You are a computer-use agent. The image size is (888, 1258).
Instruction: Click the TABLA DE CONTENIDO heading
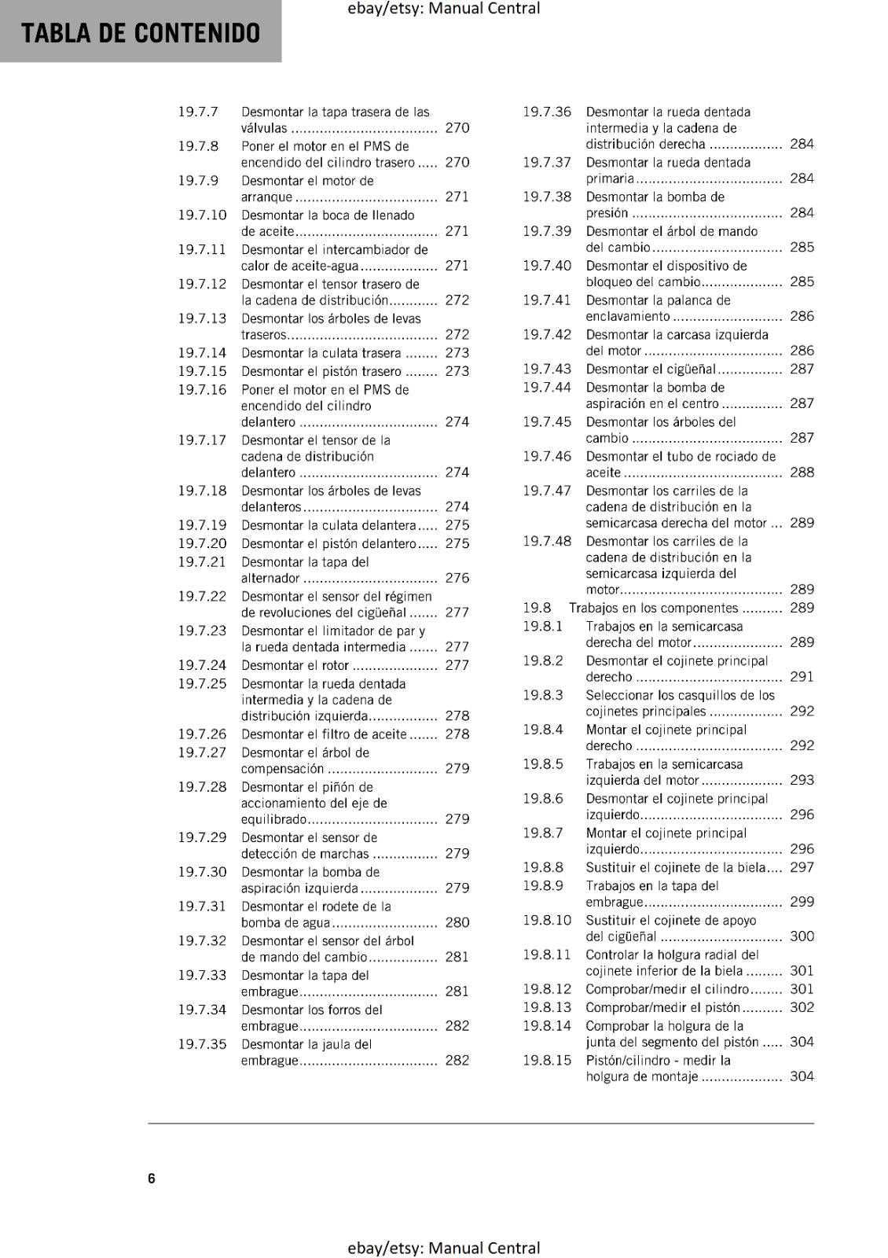(x=141, y=33)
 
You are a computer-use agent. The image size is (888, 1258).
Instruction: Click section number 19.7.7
(x=198, y=112)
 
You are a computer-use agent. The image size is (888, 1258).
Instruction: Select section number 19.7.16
(x=202, y=389)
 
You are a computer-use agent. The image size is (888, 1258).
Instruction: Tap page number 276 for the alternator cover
(x=457, y=578)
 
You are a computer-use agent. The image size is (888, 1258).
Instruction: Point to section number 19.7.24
(x=202, y=665)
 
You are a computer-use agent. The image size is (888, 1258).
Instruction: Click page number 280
(x=457, y=922)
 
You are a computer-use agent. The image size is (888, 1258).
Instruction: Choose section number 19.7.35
(x=202, y=1044)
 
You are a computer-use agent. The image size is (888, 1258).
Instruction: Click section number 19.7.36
(x=547, y=112)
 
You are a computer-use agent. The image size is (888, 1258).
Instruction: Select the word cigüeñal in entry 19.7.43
(x=691, y=369)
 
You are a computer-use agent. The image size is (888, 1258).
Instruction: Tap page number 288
(x=802, y=472)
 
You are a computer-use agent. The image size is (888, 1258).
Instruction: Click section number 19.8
(x=538, y=608)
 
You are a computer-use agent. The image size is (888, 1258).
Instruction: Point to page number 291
(x=802, y=676)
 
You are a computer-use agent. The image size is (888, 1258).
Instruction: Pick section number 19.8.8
(x=543, y=867)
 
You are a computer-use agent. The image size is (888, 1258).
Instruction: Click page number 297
(x=802, y=867)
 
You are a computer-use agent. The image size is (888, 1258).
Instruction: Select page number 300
(x=802, y=936)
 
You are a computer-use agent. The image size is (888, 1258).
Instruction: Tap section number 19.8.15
(x=547, y=1060)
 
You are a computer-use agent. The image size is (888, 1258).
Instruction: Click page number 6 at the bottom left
(x=152, y=1178)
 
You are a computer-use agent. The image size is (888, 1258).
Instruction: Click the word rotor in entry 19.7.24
(x=334, y=665)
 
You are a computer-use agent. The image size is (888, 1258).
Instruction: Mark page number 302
(x=802, y=1007)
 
